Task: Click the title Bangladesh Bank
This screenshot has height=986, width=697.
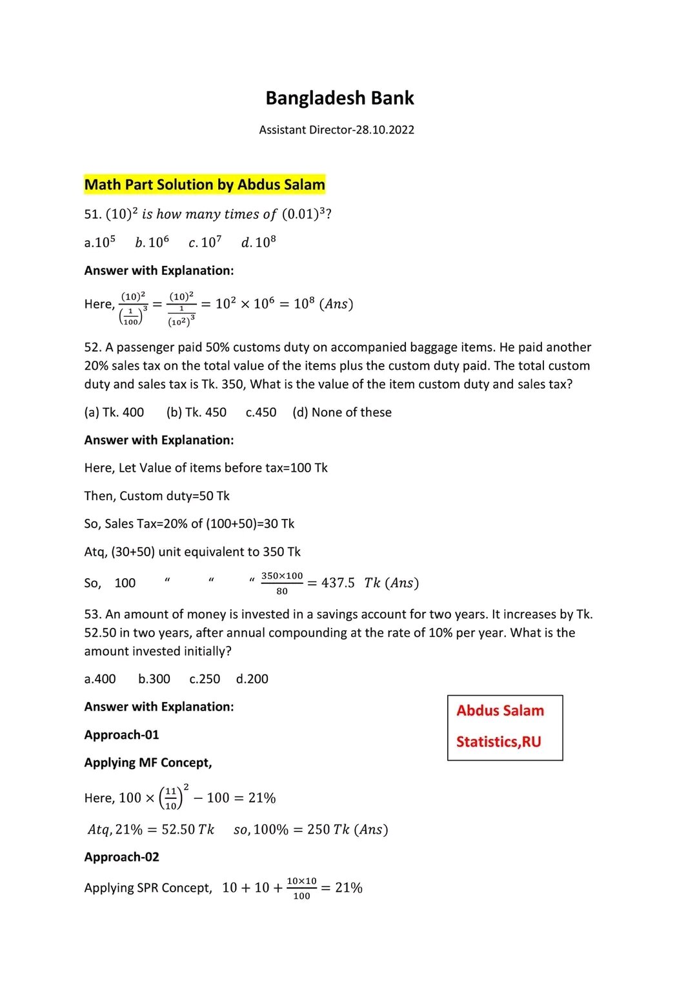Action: [x=339, y=98]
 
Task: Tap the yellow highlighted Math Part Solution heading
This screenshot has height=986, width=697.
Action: [x=205, y=185]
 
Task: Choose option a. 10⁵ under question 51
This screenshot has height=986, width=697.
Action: [x=100, y=243]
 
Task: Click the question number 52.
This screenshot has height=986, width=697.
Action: [x=92, y=348]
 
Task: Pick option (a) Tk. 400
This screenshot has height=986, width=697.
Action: [x=114, y=412]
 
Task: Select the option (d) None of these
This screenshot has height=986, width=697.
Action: [x=342, y=412]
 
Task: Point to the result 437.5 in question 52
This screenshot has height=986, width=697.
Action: [x=338, y=583]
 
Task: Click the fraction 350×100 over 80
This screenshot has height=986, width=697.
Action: [x=282, y=583]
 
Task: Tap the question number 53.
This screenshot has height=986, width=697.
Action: [x=92, y=614]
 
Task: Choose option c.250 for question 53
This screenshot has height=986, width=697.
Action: [x=205, y=679]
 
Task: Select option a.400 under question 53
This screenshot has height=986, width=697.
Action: [x=100, y=679]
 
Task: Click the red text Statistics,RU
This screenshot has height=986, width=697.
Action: [x=498, y=742]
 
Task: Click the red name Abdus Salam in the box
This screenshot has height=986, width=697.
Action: [x=500, y=710]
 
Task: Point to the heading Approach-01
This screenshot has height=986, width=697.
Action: [x=121, y=735]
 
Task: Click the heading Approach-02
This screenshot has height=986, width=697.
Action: [x=121, y=857]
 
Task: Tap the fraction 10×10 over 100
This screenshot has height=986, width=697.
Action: [x=301, y=889]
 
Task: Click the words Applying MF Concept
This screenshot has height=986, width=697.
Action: [x=148, y=763]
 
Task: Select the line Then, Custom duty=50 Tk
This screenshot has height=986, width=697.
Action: [x=157, y=496]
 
